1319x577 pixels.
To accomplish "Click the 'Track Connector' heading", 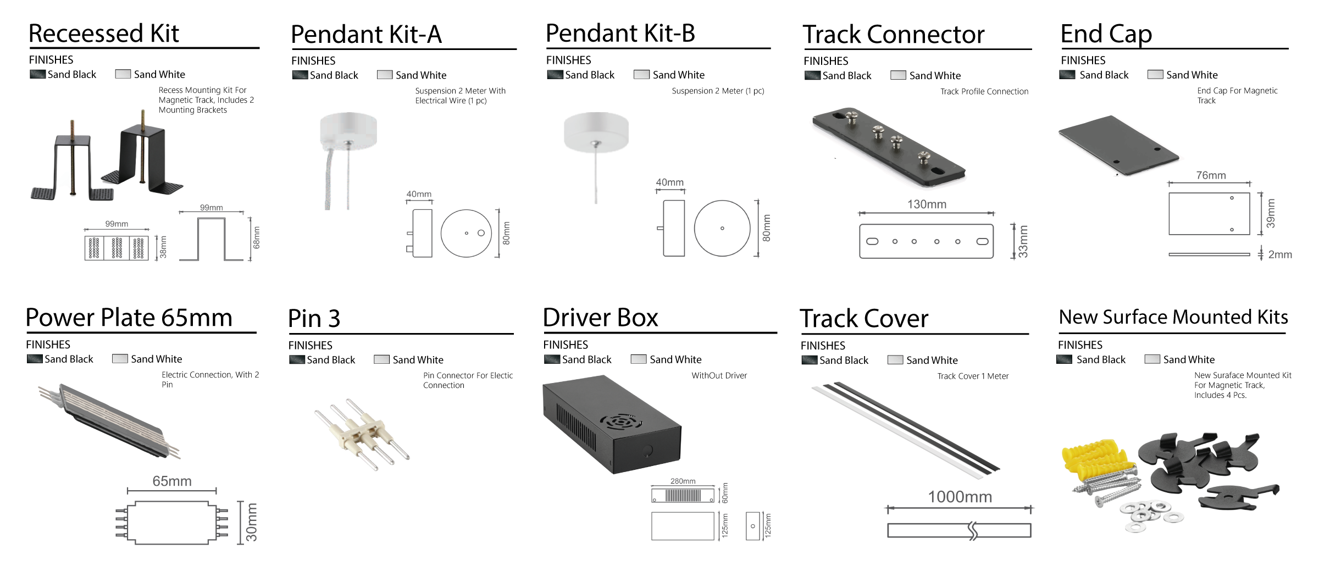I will pos(893,34).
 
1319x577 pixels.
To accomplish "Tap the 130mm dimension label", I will pos(927,204).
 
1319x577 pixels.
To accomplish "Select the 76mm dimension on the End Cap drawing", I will pos(1211,175).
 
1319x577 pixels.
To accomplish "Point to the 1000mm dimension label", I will pos(960,497).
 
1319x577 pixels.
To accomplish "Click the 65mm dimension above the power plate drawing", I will pos(172,481).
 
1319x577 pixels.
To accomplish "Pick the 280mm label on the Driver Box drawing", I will pos(683,481).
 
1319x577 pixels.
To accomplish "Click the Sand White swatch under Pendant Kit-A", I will pos(385,75).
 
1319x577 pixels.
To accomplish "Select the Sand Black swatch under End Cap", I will pos(1067,75).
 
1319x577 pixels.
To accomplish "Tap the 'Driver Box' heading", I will pos(600,318).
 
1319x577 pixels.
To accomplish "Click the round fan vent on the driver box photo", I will pos(620,422).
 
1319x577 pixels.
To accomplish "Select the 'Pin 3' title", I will pos(314,319).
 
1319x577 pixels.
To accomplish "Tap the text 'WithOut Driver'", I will pos(719,375).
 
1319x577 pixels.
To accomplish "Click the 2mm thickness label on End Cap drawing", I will pos(1279,254).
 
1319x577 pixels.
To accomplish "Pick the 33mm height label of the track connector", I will pos(1022,241).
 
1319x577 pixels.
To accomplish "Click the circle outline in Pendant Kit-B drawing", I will pos(722,228).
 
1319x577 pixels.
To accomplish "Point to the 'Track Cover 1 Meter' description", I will pos(973,376).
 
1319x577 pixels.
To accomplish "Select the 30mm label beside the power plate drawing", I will pos(251,522).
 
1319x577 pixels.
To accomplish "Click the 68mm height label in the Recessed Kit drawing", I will pos(256,237).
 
